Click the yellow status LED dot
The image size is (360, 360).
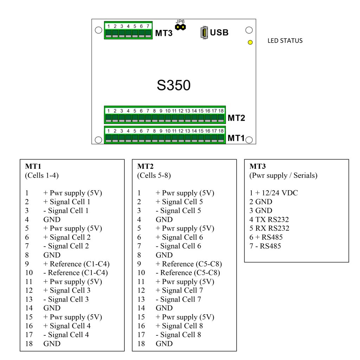click(250, 43)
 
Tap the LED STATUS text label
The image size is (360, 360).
click(285, 41)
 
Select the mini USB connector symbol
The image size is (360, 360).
click(204, 33)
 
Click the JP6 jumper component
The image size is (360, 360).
click(180, 27)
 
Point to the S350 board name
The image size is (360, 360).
click(174, 85)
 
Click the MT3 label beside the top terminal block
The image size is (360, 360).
click(164, 33)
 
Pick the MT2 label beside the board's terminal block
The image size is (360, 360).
click(236, 118)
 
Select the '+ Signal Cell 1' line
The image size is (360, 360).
click(67, 202)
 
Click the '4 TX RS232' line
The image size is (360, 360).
click(269, 219)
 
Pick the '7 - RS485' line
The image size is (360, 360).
click(265, 246)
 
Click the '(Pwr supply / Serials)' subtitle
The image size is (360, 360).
click(283, 175)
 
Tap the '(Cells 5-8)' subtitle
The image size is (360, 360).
click(154, 175)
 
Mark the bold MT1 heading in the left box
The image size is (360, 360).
click(32, 166)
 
